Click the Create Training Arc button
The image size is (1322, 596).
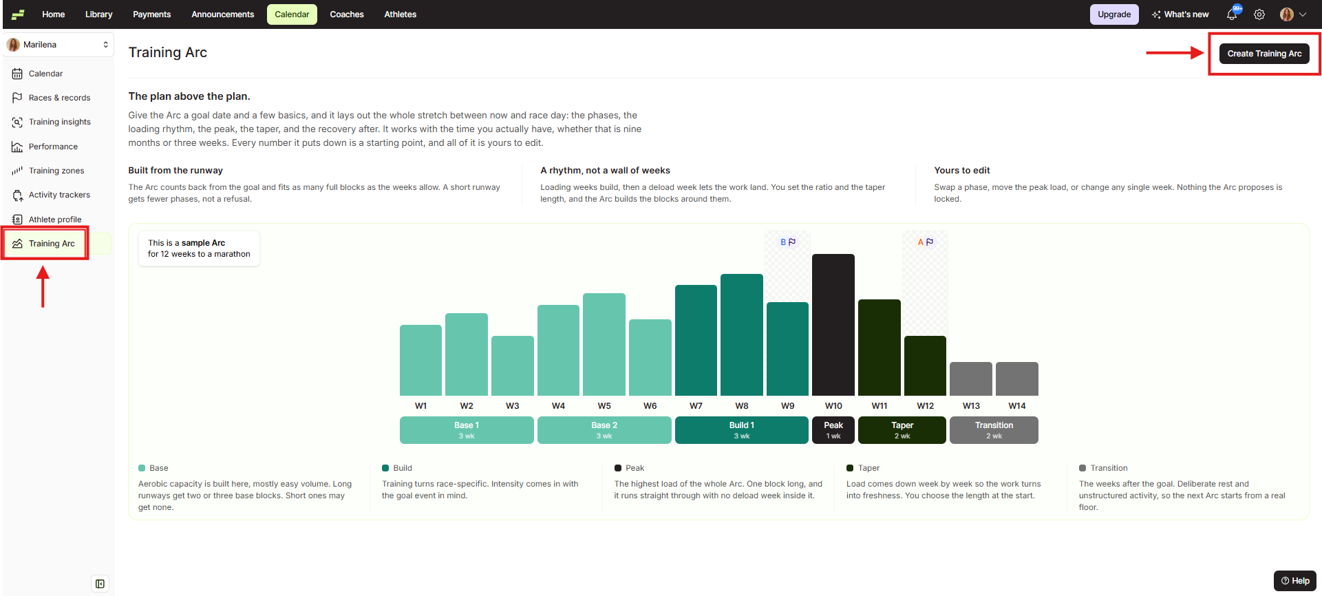1264,54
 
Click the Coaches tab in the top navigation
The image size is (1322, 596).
347,14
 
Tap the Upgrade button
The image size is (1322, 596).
1114,14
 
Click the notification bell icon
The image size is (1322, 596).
1232,14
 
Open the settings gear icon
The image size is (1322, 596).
1259,14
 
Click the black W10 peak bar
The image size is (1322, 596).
833,325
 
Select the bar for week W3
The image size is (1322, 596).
513,365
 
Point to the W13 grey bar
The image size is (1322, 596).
971,379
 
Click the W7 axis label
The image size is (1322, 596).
696,406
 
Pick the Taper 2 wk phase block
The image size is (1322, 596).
902,430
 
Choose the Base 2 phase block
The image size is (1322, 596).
604,430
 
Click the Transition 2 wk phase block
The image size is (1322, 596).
994,430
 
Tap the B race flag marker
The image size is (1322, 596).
788,242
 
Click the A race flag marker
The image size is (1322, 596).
926,242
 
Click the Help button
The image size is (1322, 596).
1295,581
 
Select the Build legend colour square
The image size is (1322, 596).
385,468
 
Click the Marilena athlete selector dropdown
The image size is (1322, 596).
58,45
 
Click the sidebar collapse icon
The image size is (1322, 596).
100,584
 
